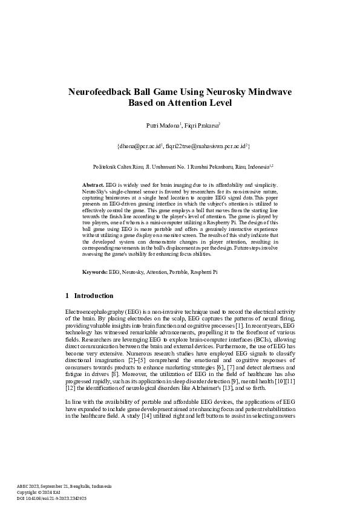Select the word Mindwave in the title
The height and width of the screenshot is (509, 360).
[x=268, y=92]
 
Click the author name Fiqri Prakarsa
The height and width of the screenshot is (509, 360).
[x=200, y=126]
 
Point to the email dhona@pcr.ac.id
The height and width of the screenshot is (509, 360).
[x=139, y=146]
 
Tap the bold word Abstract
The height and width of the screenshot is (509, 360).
[x=93, y=184]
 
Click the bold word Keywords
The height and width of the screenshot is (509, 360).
[x=95, y=273]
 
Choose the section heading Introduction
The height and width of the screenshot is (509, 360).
[x=94, y=296]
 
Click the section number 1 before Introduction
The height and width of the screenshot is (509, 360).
[x=67, y=296]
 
